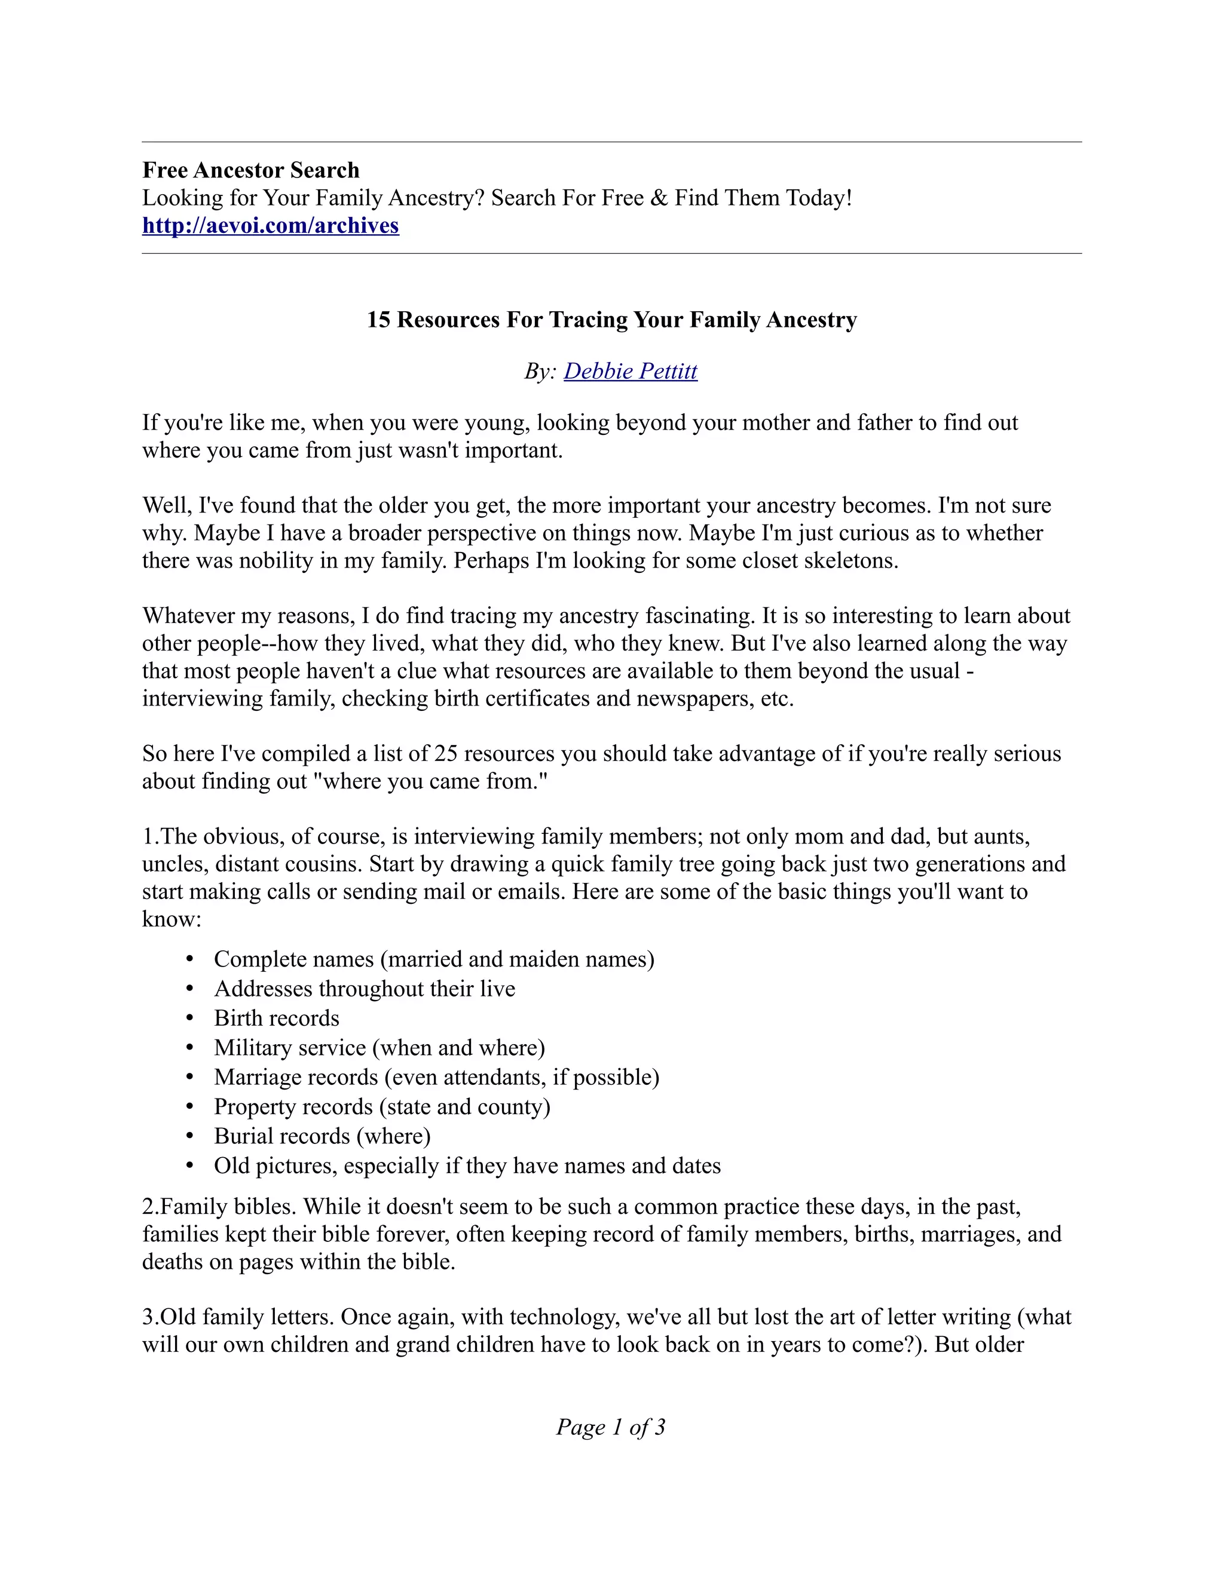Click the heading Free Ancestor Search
pos(251,170)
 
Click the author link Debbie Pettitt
pos(630,371)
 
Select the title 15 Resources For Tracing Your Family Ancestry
pos(612,320)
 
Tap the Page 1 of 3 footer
pos(611,1427)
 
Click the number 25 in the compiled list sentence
pos(446,754)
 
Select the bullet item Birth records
pos(276,1018)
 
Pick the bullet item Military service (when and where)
pos(380,1048)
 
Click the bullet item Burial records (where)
pos(322,1137)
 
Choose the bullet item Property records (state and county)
pos(382,1107)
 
